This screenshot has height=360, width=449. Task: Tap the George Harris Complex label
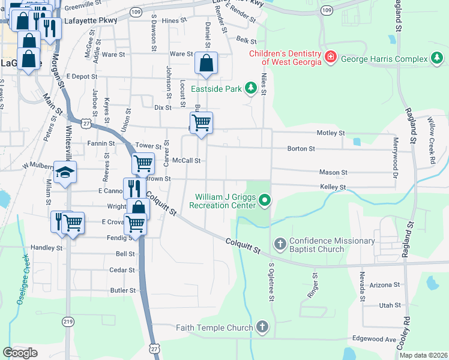pyautogui.click(x=384, y=59)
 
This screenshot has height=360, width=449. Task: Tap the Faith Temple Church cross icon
pyautogui.click(x=261, y=328)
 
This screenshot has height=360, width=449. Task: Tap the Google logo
pyautogui.click(x=20, y=353)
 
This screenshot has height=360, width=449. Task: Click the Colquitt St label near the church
pyautogui.click(x=244, y=245)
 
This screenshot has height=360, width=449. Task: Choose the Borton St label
pyautogui.click(x=301, y=148)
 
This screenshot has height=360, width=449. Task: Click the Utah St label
pyautogui.click(x=390, y=305)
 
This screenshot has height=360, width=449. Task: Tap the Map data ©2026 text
pyautogui.click(x=423, y=355)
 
